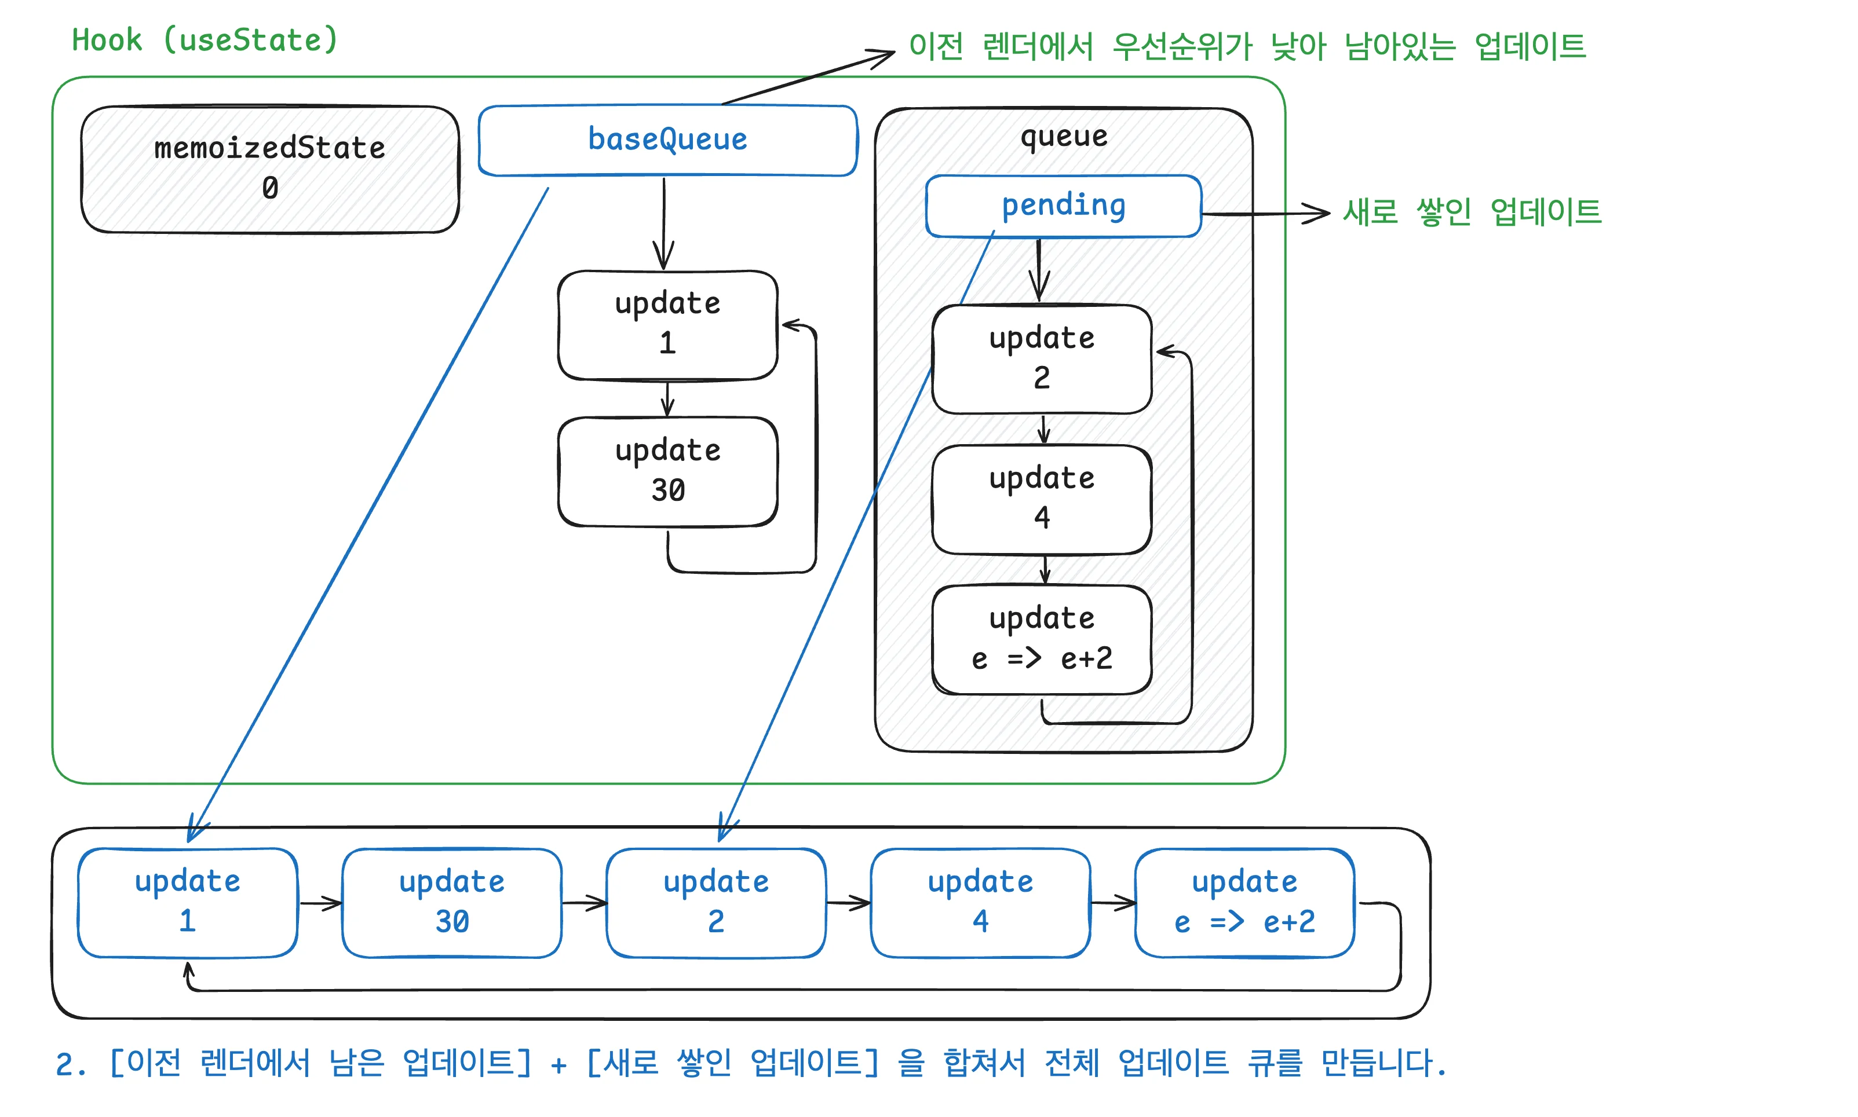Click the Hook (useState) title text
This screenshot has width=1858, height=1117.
click(x=205, y=40)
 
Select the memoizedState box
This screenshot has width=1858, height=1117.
click(x=269, y=169)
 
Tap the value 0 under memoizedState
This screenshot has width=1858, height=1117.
click(x=269, y=188)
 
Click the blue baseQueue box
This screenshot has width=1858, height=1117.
click(x=667, y=140)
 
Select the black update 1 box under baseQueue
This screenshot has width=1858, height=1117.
click(x=667, y=324)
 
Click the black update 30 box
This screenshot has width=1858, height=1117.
click(x=667, y=471)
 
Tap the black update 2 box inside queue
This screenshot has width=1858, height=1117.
click(x=1041, y=358)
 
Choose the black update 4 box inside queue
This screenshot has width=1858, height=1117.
click(x=1041, y=499)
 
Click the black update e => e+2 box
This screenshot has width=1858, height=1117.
click(x=1041, y=639)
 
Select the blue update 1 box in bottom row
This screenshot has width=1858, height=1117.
click(x=188, y=902)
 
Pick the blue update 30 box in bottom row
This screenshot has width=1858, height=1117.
click(x=452, y=902)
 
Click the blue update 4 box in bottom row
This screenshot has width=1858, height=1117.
click(x=980, y=902)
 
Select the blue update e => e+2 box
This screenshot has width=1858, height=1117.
click(x=1244, y=902)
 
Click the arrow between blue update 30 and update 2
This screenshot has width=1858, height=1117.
click(x=584, y=903)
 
